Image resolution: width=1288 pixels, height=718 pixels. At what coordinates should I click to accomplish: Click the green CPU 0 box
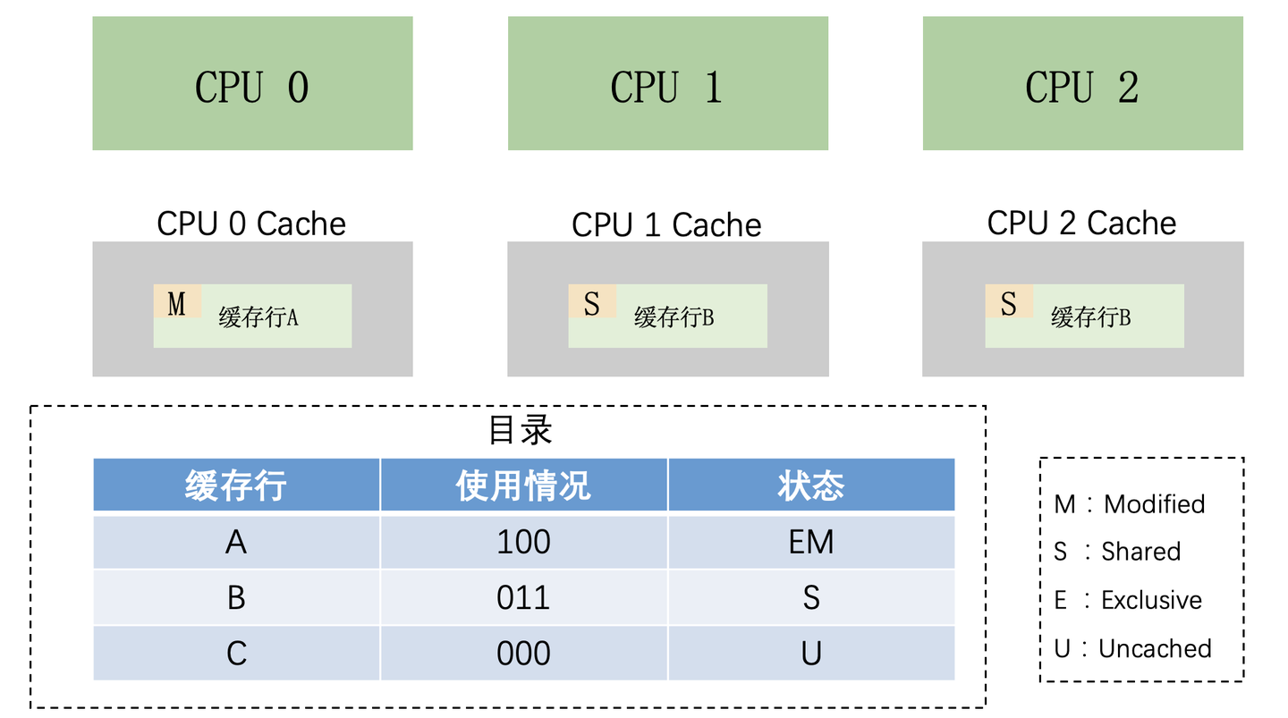pos(252,83)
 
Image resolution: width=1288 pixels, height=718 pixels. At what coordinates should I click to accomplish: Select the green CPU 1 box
pos(667,83)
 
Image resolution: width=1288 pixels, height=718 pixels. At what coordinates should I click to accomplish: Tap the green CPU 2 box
pos(1082,83)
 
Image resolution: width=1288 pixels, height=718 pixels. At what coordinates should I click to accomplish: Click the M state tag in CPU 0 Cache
pos(177,303)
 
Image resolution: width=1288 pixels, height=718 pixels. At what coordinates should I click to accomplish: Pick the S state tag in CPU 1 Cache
pos(592,303)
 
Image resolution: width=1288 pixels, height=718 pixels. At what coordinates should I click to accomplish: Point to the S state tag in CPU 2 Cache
pos(1009,303)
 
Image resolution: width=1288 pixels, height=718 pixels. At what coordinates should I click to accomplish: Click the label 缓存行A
pos(258,317)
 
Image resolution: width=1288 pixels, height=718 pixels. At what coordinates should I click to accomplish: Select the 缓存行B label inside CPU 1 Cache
pos(674,317)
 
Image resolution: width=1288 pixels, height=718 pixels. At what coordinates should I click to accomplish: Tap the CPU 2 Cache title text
pos(1081,223)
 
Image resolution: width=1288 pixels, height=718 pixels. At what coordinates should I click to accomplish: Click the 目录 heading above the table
pos(521,430)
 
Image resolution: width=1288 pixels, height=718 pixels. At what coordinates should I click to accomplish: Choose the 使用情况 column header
pos(523,486)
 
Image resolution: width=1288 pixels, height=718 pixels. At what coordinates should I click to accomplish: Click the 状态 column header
pos(811,486)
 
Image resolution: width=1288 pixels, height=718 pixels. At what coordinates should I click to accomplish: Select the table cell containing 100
pos(523,542)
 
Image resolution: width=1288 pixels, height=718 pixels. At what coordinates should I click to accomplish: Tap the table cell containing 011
pos(523,597)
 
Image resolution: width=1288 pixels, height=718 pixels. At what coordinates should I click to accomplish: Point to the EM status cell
pos(811,542)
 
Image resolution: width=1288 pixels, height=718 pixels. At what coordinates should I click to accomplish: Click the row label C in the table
pos(236,653)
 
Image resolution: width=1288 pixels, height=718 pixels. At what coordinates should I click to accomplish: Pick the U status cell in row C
pos(811,653)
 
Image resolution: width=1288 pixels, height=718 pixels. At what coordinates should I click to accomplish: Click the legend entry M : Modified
pos(1130,504)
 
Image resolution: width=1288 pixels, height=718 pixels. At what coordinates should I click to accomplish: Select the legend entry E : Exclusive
pos(1128,600)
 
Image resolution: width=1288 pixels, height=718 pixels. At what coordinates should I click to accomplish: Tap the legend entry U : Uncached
pos(1133,648)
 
